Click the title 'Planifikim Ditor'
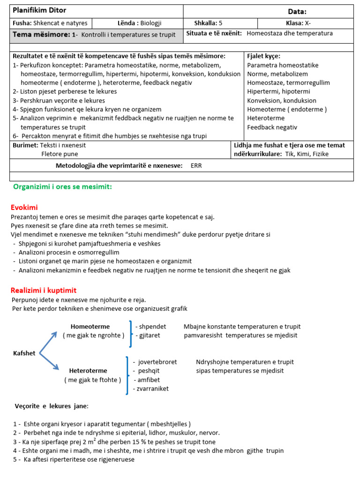pos(39,11)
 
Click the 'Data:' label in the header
pos(297,12)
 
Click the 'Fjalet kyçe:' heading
pos(263,56)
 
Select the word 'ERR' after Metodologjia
pos(196,165)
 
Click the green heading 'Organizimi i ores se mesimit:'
pos(62,187)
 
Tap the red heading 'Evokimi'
pos(24,207)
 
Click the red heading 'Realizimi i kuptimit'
pos(44,290)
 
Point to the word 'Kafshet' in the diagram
pos(24,353)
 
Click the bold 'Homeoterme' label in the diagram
pos(90,326)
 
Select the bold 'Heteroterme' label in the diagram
pos(88,370)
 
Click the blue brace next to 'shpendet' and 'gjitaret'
pos(130,333)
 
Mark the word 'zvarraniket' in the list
pos(151,388)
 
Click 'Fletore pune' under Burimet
pos(60,154)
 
